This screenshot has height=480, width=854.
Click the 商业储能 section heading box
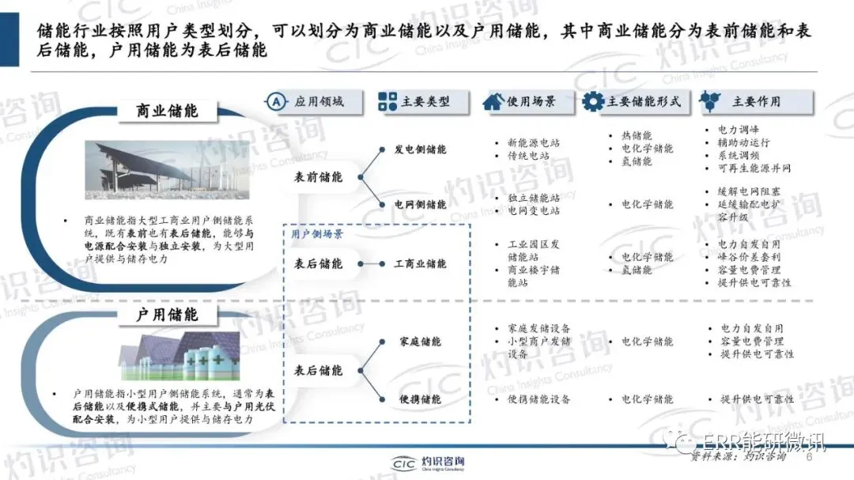pyautogui.click(x=168, y=111)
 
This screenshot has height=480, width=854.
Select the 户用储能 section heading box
pyautogui.click(x=168, y=315)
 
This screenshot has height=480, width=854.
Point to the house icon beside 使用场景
pyautogui.click(x=493, y=101)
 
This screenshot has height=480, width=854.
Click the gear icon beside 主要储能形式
pyautogui.click(x=593, y=101)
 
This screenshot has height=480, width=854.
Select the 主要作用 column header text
pyautogui.click(x=756, y=101)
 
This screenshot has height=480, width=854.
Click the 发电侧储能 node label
pyautogui.click(x=420, y=149)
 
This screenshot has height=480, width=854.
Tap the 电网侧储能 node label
pyautogui.click(x=420, y=204)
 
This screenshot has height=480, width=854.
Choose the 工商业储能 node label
pyautogui.click(x=420, y=263)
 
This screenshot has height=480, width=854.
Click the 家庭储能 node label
pyautogui.click(x=420, y=342)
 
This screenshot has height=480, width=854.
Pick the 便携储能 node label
pyautogui.click(x=420, y=399)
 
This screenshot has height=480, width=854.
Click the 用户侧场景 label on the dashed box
pyautogui.click(x=312, y=234)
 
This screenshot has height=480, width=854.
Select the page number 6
pyautogui.click(x=808, y=457)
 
